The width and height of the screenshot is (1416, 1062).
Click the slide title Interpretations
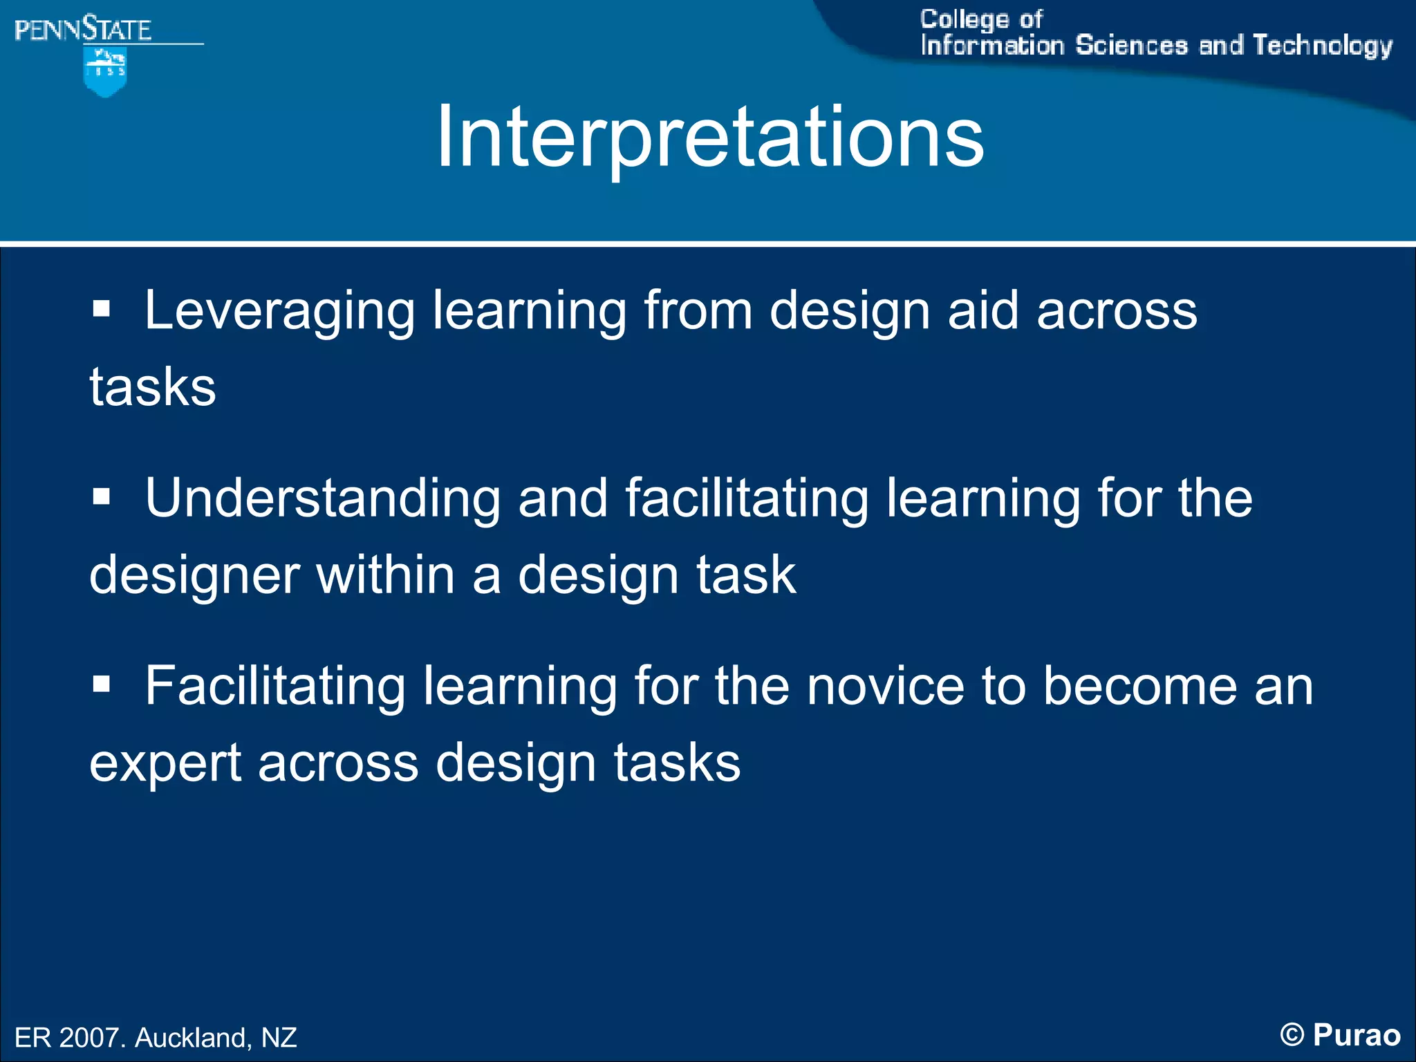tap(709, 136)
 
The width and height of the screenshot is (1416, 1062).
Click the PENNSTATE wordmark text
tap(83, 30)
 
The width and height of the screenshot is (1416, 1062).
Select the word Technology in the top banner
tap(1322, 46)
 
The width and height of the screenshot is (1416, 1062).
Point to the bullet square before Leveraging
tap(102, 308)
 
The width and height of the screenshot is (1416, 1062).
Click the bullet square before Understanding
tap(102, 496)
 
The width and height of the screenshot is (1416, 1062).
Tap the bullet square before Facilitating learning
tap(102, 684)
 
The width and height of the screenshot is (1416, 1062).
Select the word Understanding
tap(322, 498)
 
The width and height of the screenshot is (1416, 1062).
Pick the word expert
tap(165, 764)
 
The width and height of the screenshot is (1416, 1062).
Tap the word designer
tap(194, 576)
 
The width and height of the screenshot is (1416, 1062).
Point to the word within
tap(385, 575)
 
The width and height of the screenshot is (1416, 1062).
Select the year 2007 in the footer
tap(88, 1038)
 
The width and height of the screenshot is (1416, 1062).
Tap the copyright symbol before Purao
tap(1292, 1035)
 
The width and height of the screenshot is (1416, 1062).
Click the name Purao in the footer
tap(1357, 1035)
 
